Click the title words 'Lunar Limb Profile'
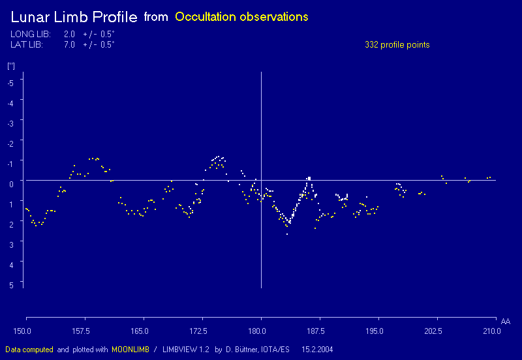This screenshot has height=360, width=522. (x=74, y=17)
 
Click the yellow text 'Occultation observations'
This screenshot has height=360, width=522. (x=241, y=17)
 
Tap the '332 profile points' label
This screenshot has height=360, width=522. (x=397, y=44)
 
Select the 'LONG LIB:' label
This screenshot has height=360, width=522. (x=31, y=34)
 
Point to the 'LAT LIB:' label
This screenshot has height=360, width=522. (x=27, y=44)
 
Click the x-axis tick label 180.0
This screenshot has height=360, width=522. (x=260, y=331)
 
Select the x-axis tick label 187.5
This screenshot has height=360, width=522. (x=317, y=331)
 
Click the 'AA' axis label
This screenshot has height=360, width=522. (x=506, y=322)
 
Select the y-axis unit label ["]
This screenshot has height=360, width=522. (x=11, y=66)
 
